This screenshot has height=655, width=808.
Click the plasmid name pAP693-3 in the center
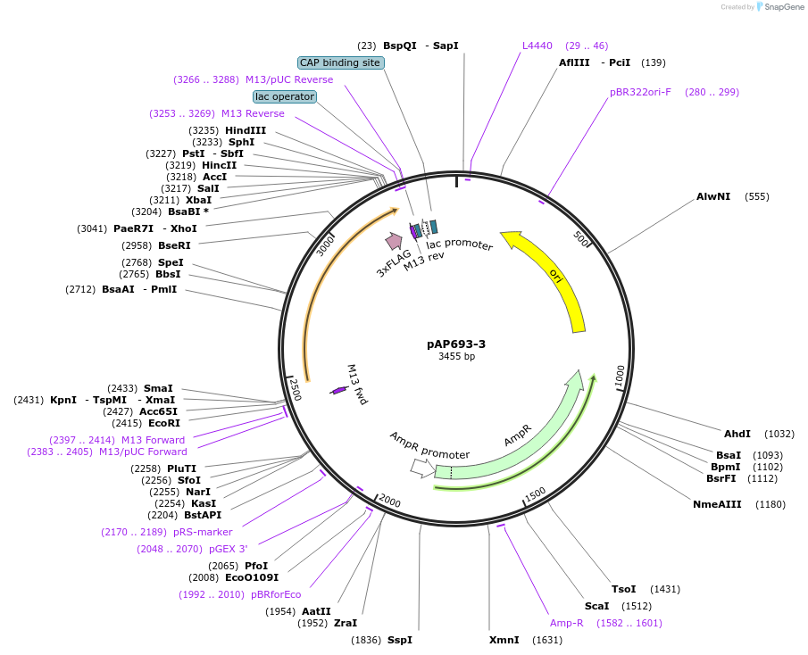[x=456, y=344]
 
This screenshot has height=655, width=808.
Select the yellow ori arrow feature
[x=554, y=272]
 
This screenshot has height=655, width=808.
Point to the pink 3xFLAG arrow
[x=394, y=241]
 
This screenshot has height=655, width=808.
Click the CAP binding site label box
[x=340, y=62]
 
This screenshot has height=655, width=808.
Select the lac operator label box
[x=285, y=96]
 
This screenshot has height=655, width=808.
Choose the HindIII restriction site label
[x=245, y=130]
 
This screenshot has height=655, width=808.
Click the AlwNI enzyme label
[x=713, y=196]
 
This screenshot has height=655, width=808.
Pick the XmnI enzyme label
[x=504, y=640]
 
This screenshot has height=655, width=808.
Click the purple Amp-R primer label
[x=566, y=623]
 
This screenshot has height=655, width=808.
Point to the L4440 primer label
[x=537, y=46]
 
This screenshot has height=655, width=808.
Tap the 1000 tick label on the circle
[x=620, y=376]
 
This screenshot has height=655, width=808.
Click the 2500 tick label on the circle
[x=294, y=389]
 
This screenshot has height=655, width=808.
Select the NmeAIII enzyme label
[x=717, y=504]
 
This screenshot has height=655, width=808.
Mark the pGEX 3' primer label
[x=228, y=549]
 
